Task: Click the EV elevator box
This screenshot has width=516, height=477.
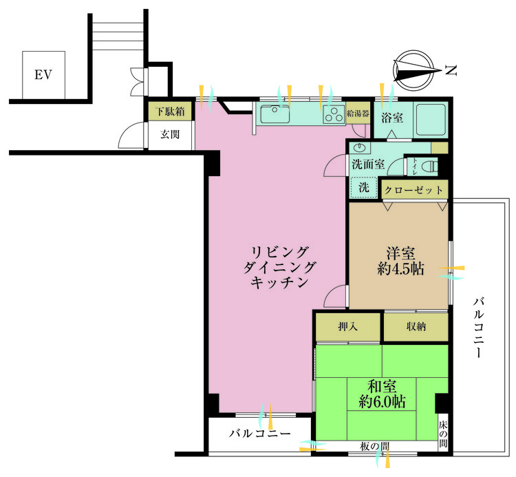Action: pyautogui.click(x=44, y=74)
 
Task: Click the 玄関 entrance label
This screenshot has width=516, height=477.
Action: pyautogui.click(x=170, y=135)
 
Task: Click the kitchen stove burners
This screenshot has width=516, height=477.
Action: pyautogui.click(x=333, y=114)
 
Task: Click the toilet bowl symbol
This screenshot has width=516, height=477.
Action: pyautogui.click(x=429, y=166)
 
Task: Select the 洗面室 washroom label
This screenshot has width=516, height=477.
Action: pyautogui.click(x=367, y=165)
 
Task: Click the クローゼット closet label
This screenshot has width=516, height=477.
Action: pyautogui.click(x=415, y=189)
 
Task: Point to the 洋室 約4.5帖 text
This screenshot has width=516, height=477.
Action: pyautogui.click(x=400, y=262)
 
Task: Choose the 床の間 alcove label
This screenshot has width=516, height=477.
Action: pyautogui.click(x=443, y=434)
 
